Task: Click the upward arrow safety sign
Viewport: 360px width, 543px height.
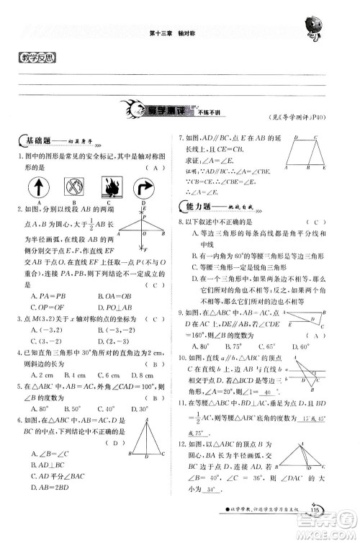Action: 36,189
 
